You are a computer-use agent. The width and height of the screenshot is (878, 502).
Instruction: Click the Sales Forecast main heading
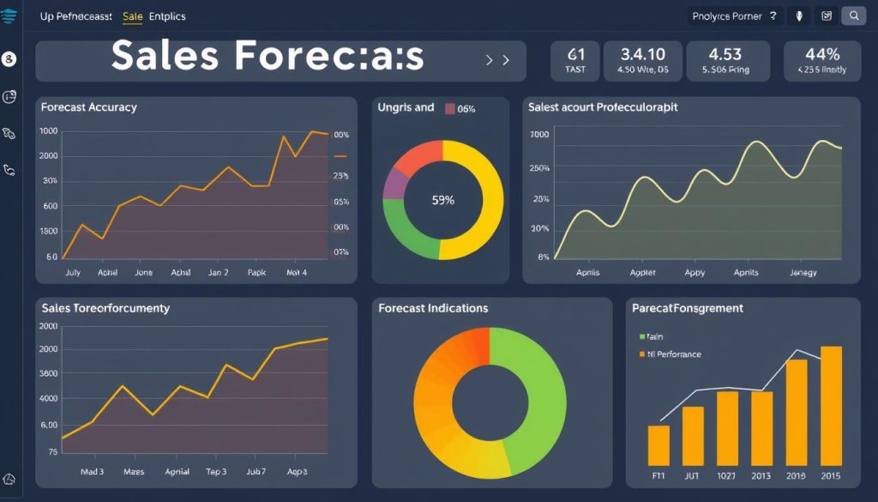[268, 57]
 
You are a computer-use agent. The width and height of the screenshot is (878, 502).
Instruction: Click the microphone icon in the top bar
[799, 15]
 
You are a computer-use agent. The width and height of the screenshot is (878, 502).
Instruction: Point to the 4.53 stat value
[725, 55]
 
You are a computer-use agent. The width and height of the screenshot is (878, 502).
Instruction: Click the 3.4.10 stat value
[642, 55]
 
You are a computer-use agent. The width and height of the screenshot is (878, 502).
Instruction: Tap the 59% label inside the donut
[443, 200]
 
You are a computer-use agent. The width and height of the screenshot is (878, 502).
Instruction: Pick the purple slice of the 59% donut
[394, 184]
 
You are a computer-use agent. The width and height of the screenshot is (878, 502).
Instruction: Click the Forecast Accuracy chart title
[88, 107]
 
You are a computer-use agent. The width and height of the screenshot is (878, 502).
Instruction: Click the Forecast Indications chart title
[433, 308]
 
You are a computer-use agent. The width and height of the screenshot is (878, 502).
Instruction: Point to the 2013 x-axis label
[761, 475]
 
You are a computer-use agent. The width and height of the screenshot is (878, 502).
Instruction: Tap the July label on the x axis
[72, 272]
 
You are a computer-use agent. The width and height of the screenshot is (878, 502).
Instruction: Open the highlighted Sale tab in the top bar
[133, 16]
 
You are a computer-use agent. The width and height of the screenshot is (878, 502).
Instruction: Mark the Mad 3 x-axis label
[93, 472]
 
